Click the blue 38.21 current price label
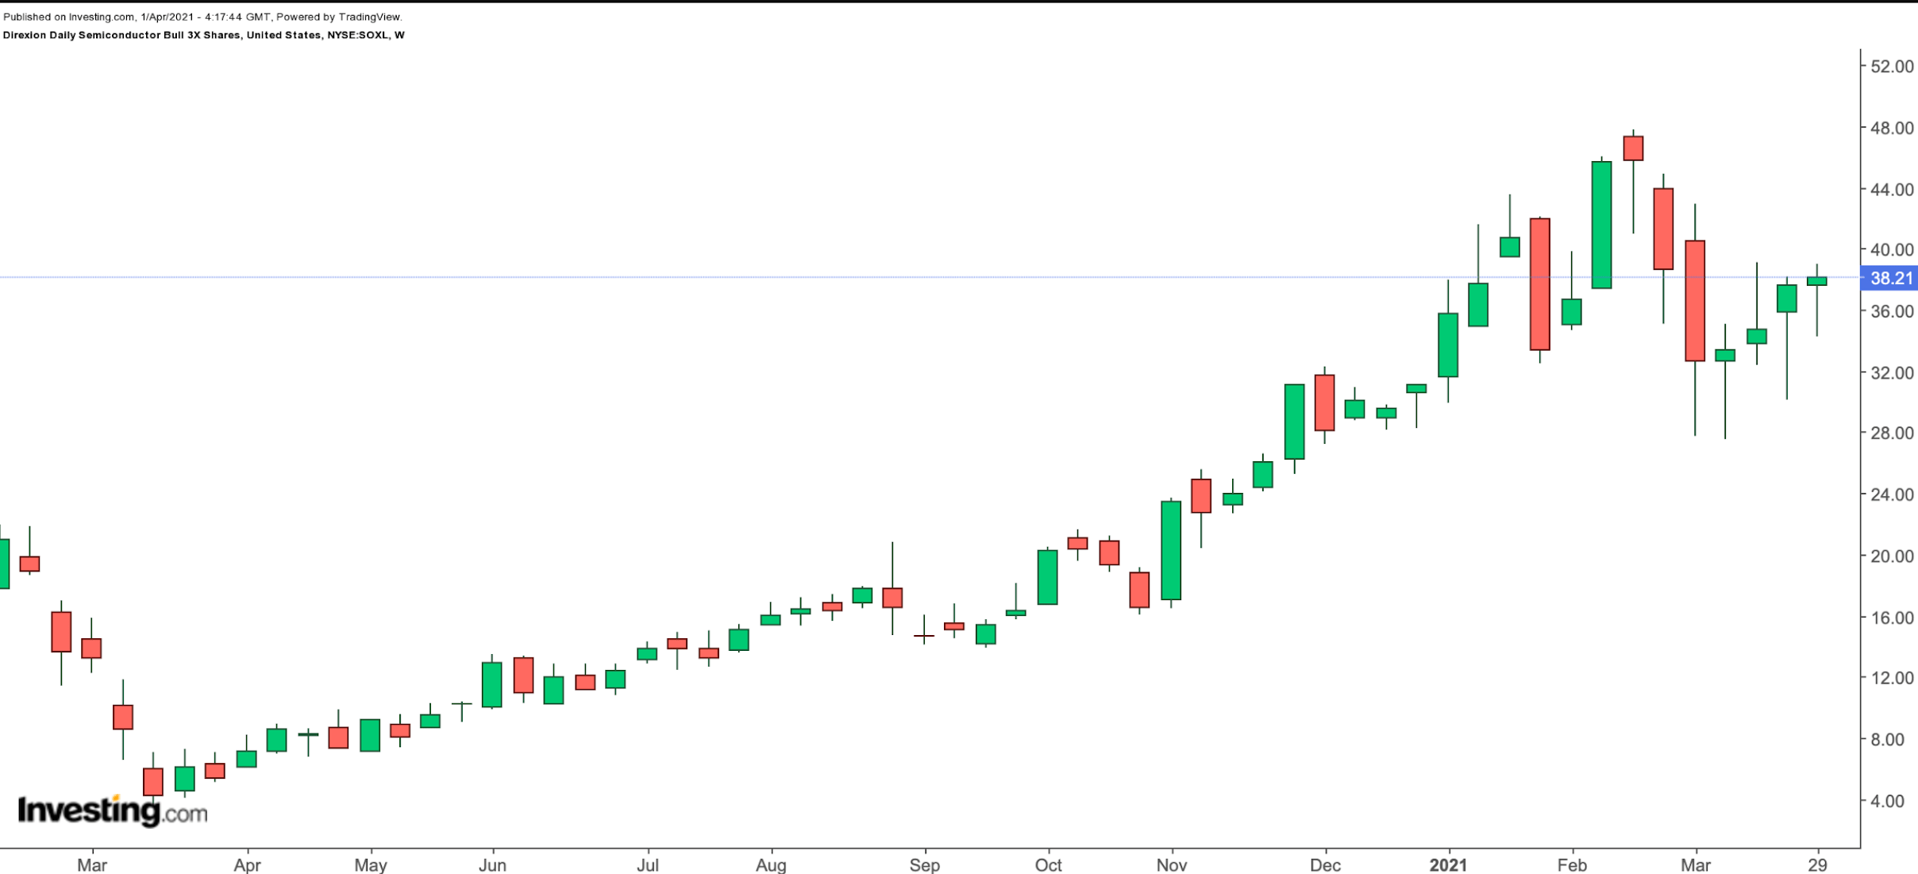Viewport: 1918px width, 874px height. coord(1890,278)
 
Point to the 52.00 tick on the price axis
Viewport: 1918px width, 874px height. coord(1892,67)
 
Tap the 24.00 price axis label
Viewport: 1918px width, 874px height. coord(1892,495)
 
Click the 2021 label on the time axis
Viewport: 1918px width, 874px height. coord(1448,864)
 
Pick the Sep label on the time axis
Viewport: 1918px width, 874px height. coord(924,864)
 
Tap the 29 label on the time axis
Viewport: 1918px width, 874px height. coord(1817,864)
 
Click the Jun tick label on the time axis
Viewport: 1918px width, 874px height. coord(492,864)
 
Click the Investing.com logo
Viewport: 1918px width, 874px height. coord(112,810)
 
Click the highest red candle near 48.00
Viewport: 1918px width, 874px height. coord(1633,148)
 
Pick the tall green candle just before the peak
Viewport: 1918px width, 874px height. coord(1601,225)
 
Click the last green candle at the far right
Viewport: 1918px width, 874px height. coord(1816,281)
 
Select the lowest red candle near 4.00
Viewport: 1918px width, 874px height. coord(153,781)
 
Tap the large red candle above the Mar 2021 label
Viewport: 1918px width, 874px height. coord(1695,301)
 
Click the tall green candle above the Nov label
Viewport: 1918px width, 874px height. coord(1170,550)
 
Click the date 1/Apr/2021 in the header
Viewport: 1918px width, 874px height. coord(166,17)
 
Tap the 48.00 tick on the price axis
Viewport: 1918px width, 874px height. coord(1892,128)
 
